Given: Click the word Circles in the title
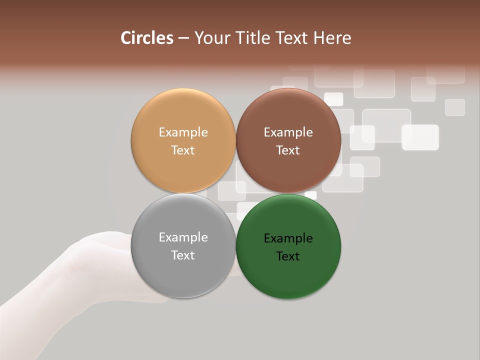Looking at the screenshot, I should click(x=147, y=38).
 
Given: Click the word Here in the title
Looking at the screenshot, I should click(x=332, y=38).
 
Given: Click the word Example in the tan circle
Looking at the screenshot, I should click(x=183, y=132).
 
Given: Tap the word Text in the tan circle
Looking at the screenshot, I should click(x=183, y=150).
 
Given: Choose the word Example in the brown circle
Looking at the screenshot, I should click(x=288, y=132).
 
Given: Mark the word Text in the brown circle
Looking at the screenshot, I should click(x=288, y=150).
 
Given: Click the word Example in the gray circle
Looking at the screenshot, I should click(x=183, y=237).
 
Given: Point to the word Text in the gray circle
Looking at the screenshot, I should click(x=183, y=255).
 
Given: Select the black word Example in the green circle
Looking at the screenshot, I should click(x=288, y=238).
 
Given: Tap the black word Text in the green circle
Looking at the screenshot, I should click(x=288, y=256).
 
